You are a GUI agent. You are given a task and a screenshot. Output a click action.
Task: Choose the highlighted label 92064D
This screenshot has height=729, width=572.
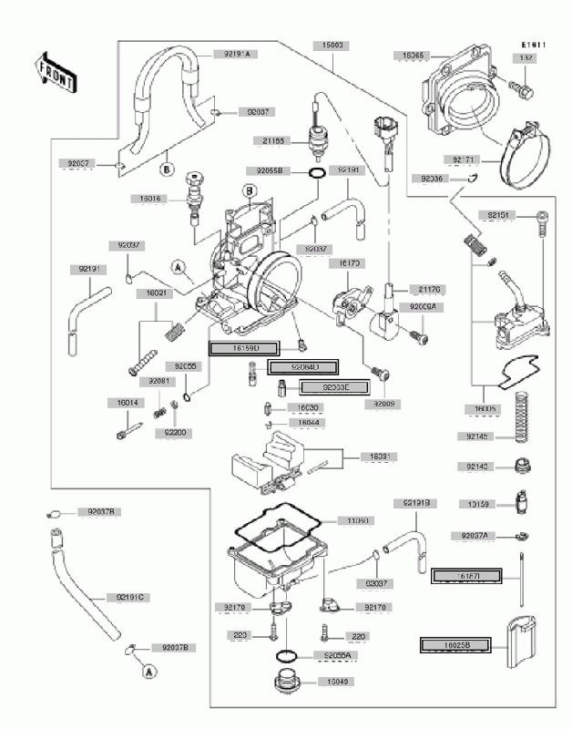point(301,367)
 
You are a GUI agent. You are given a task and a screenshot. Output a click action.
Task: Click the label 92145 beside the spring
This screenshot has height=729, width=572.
point(478,437)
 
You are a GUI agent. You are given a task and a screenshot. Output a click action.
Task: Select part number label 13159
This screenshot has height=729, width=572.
point(479,503)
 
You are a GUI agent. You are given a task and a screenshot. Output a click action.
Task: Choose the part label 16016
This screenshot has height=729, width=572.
point(151,197)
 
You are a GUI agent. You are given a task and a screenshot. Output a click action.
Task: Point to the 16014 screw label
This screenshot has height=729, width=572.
point(128,402)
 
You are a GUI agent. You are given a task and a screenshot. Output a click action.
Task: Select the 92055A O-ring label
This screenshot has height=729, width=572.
point(336,655)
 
